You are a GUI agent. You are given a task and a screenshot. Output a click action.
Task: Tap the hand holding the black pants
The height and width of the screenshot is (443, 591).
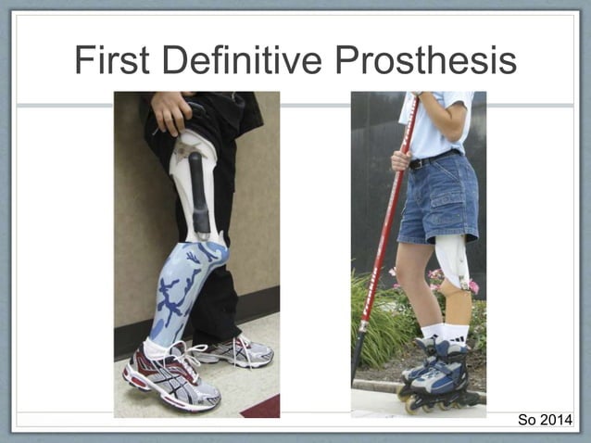[x=173, y=111]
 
